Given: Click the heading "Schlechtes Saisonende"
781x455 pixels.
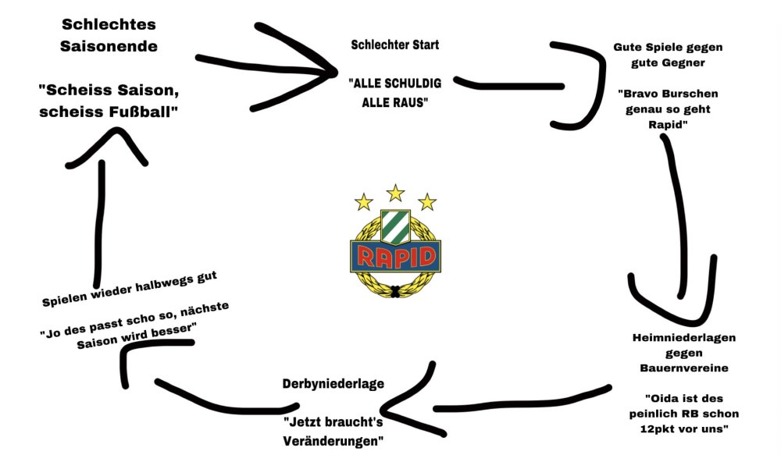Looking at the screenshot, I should coord(109,35).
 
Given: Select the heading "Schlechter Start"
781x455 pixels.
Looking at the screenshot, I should coord(395,44).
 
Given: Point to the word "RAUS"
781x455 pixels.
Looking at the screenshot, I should coord(410,102).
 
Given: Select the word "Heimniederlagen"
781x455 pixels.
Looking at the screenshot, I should coord(684,338).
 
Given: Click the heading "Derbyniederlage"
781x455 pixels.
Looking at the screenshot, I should coord(333,383).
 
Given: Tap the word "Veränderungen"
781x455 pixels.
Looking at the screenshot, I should coord(333,441).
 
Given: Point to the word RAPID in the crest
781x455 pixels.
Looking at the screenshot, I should coord(395,255).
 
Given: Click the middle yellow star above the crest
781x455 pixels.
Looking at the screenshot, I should coord(396,192).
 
